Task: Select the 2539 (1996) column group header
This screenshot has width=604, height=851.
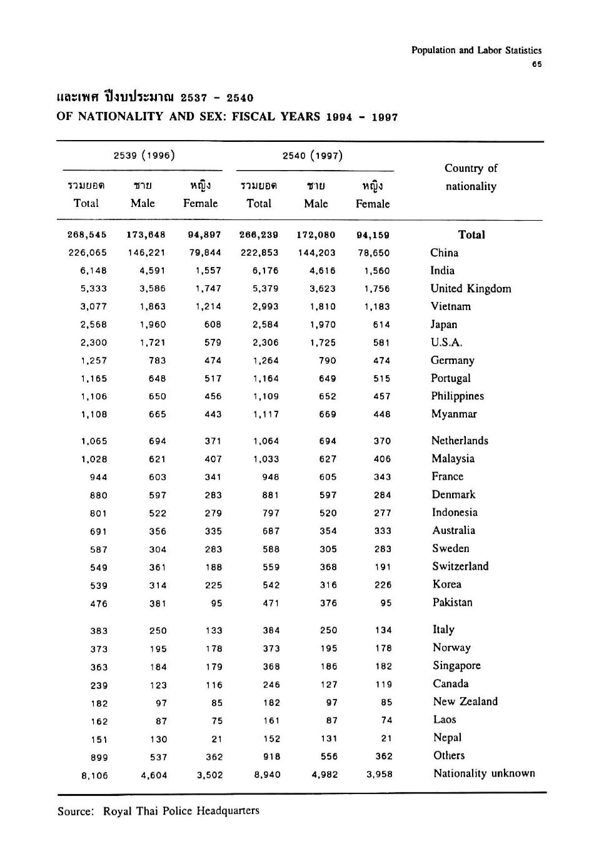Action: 144,155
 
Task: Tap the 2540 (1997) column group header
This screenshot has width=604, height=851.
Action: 313,155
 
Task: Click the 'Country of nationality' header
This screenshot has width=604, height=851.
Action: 471,177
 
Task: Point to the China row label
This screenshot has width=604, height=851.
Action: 444,253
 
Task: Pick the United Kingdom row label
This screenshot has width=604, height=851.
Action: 470,288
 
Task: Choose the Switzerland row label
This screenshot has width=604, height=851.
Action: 460,566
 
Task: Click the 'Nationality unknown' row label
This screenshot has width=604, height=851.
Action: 484,773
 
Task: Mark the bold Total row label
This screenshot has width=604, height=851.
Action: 471,234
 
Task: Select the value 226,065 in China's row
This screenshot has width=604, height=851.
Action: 88,253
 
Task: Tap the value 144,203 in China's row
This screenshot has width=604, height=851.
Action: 316,253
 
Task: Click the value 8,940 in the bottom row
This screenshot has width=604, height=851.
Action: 267,775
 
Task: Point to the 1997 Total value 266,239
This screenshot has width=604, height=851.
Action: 259,235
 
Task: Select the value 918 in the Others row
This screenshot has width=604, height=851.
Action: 271,757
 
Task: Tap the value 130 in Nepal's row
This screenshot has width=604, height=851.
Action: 158,739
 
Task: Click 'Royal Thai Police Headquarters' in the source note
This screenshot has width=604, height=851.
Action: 181,811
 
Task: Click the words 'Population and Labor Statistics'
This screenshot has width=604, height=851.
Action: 476,51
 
